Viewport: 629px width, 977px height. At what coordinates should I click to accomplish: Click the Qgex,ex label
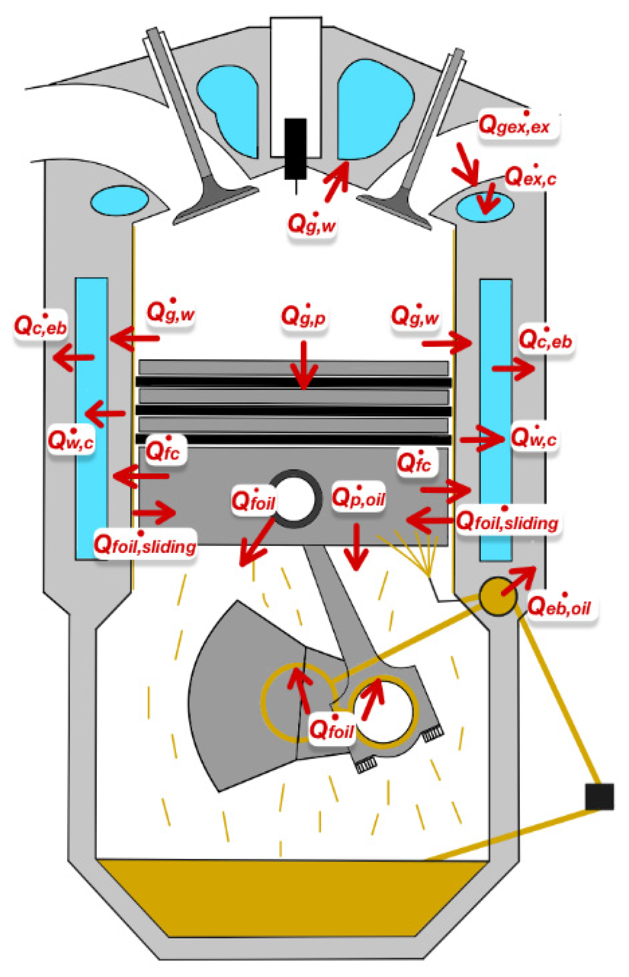(x=515, y=125)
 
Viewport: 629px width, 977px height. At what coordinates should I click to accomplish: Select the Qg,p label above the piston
(x=303, y=316)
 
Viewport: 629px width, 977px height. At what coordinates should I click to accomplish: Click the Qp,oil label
(x=358, y=497)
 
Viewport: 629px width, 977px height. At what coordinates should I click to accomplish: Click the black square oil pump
(x=599, y=796)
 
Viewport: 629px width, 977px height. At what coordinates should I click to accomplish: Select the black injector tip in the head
(x=296, y=148)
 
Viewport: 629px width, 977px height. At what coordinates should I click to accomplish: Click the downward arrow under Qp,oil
(x=356, y=546)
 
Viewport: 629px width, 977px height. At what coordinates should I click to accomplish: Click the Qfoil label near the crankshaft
(x=331, y=730)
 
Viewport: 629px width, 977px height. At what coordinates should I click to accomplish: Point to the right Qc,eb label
(x=546, y=339)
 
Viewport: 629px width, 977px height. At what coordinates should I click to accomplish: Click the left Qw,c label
(x=71, y=441)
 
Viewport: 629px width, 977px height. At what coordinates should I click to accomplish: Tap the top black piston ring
(x=293, y=382)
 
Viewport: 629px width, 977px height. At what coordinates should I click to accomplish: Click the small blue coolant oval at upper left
(x=119, y=200)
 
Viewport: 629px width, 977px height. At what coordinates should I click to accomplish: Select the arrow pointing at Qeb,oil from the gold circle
(x=519, y=580)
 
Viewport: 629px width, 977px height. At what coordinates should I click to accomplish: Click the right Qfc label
(x=414, y=463)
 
